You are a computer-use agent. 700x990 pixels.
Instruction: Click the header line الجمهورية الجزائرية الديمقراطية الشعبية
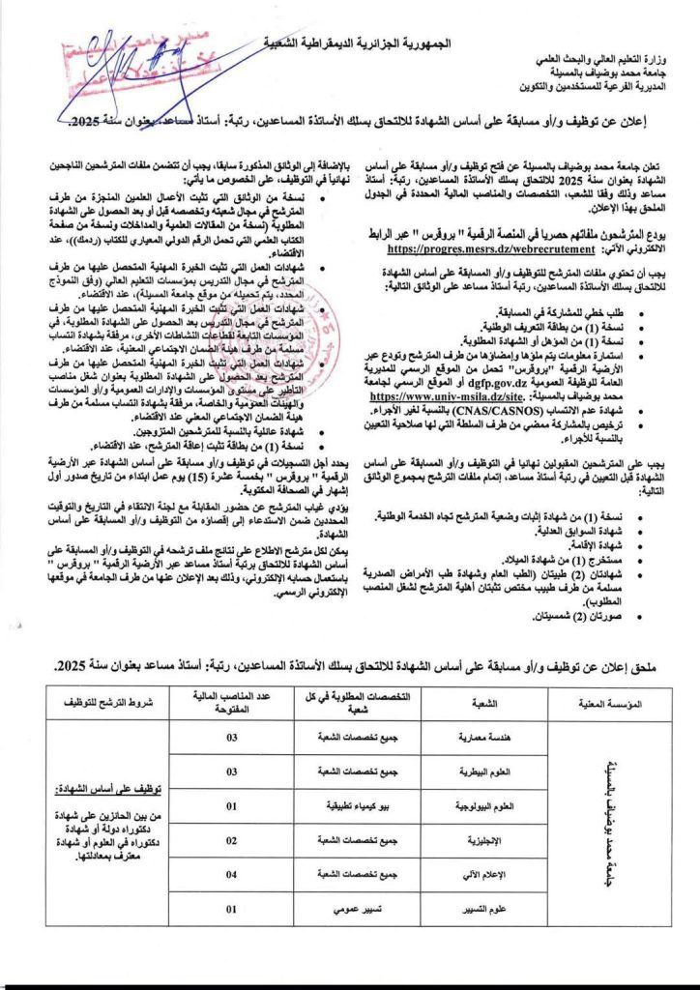[359, 44]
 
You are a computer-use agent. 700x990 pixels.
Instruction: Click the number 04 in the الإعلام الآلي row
[231, 875]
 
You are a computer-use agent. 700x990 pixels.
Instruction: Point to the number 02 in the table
[231, 840]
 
